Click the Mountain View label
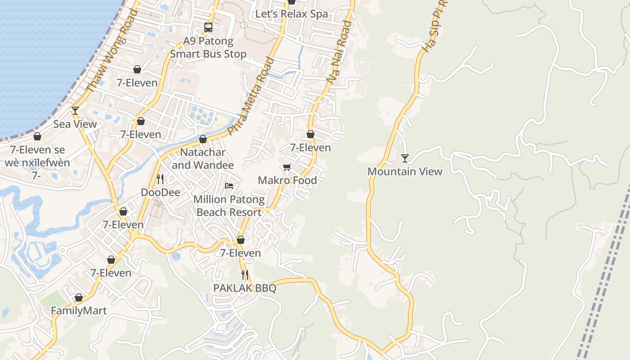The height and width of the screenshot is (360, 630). click(x=405, y=171)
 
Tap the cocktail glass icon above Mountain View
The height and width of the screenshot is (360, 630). click(x=405, y=158)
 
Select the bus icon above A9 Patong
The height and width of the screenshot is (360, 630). click(x=208, y=27)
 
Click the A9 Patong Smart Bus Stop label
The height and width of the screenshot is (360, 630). click(x=208, y=48)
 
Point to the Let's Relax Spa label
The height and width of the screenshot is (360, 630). click(x=292, y=14)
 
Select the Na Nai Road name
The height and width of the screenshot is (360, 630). click(x=339, y=52)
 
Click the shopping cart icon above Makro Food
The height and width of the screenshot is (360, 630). click(x=287, y=167)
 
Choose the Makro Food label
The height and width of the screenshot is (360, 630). click(x=287, y=180)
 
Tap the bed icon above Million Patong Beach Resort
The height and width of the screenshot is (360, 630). click(x=229, y=185)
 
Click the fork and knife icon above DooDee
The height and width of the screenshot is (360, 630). click(x=160, y=179)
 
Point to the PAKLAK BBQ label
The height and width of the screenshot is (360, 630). click(x=245, y=288)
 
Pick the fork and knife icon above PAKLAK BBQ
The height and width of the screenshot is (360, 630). click(x=245, y=274)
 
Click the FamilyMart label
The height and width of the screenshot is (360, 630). click(x=79, y=311)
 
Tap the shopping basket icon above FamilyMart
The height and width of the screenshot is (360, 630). click(x=79, y=297)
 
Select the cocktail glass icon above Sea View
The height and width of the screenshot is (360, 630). click(x=75, y=111)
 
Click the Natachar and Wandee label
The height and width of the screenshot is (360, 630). click(x=203, y=159)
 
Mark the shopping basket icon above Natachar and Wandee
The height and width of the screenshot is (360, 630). click(x=203, y=139)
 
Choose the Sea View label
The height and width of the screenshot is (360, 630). click(x=75, y=124)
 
